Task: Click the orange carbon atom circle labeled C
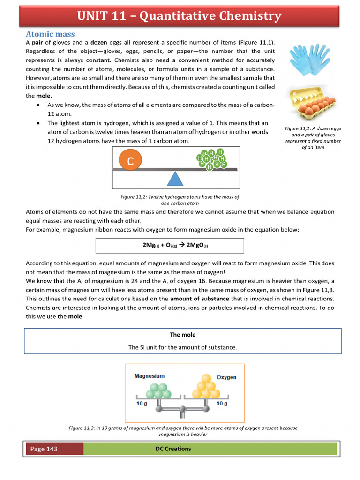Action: [131, 161]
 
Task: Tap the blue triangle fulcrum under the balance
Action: [175, 180]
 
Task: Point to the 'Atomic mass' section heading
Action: [50, 34]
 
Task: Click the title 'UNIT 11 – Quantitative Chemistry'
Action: [180, 16]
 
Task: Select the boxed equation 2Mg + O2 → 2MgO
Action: [170, 245]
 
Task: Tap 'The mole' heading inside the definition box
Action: [182, 335]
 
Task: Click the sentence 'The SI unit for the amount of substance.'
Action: [182, 347]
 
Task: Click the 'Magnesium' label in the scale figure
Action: [149, 376]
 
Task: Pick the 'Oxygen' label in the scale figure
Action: [226, 377]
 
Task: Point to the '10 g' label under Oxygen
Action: [222, 403]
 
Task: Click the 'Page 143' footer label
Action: [44, 449]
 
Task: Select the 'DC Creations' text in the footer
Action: [173, 449]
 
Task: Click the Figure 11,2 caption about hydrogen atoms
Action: [180, 200]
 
